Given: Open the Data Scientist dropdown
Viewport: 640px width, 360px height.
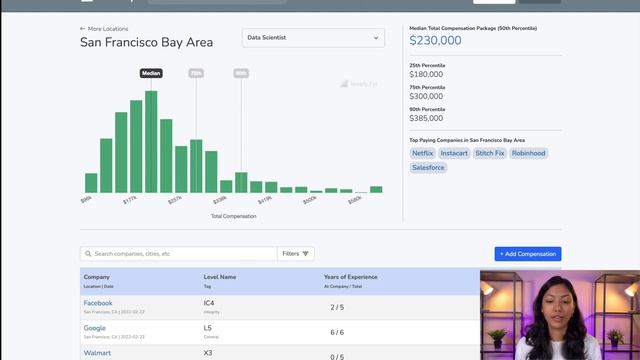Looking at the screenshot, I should [314, 38].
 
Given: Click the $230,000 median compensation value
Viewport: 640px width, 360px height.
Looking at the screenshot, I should [435, 40].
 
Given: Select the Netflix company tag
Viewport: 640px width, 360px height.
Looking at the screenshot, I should [422, 153].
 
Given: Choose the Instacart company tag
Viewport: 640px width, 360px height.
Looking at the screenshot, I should [454, 153].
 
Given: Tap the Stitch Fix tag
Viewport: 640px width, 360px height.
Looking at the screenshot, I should [490, 153].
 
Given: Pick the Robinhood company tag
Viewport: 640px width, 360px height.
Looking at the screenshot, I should [529, 153].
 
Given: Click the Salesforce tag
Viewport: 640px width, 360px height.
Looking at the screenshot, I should [428, 167].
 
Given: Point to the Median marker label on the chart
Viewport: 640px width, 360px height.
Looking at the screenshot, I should [151, 73].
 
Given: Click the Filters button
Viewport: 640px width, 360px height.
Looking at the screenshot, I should [296, 254].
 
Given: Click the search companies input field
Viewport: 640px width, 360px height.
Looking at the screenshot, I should [180, 254].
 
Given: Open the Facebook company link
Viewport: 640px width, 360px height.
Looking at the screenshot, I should [98, 303].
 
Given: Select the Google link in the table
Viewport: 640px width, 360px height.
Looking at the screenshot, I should [95, 328].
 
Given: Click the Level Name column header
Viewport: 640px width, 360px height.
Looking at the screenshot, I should [220, 276].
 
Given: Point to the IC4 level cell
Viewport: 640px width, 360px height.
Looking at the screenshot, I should [210, 303].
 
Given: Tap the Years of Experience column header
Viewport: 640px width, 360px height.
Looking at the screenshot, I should [350, 276].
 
